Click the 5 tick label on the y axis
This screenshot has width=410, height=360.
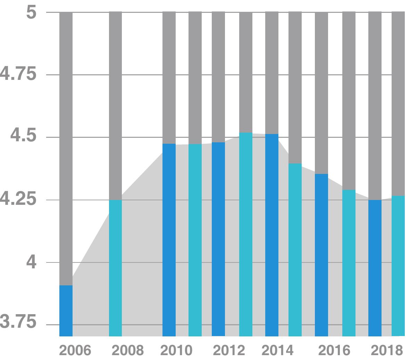pos(31,13)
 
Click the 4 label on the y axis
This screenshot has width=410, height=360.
pos(31,262)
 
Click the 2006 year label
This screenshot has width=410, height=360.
pos(75,350)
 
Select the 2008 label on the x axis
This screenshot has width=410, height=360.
pos(127,350)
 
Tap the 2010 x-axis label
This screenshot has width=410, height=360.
pos(176,350)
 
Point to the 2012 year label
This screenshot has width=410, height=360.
pos(229,350)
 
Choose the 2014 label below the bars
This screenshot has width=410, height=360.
pos(277,350)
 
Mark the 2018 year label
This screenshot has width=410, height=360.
pos(387,350)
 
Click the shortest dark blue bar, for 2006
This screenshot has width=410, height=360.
pos(66,311)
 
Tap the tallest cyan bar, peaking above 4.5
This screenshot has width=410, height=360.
pos(246,234)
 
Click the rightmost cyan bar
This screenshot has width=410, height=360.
pos(398,266)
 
